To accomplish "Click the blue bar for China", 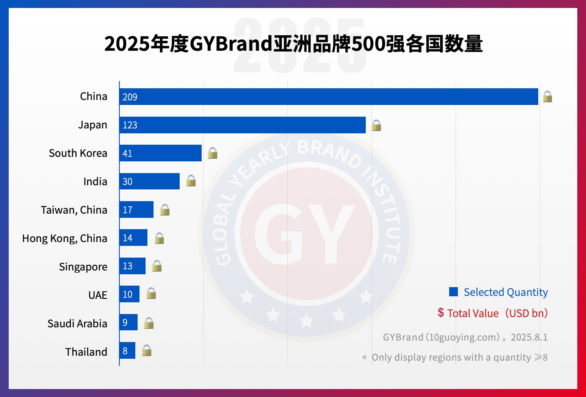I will (x=329, y=97).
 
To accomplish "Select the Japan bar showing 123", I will (x=243, y=125).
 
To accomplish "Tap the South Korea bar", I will (x=160, y=153).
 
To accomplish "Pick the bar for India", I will (x=149, y=181).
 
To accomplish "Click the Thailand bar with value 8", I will (x=127, y=351).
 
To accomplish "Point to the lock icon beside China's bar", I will (x=547, y=97).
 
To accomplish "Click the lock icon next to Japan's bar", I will (x=376, y=125).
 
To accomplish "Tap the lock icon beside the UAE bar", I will (x=151, y=293).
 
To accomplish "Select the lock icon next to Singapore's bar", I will (x=157, y=266).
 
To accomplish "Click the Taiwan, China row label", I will (x=74, y=210).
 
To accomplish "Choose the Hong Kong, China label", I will (x=64, y=238).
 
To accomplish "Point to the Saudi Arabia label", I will (x=77, y=324).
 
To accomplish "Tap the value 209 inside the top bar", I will (x=130, y=97).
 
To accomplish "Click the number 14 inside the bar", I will (x=127, y=238).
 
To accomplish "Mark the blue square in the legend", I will (x=453, y=292).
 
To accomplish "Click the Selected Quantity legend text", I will (x=506, y=292).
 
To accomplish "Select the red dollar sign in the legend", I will (x=440, y=313).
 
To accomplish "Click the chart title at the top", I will (x=293, y=44).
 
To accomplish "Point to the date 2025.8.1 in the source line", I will (x=529, y=337).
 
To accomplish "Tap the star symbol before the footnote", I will (x=364, y=357).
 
